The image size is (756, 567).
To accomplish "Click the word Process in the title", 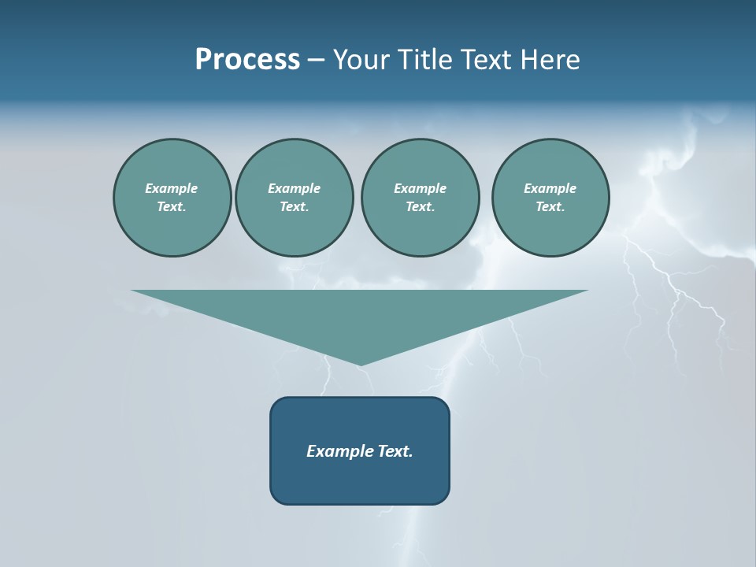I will click(x=247, y=60).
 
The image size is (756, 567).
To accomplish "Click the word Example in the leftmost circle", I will click(x=172, y=188).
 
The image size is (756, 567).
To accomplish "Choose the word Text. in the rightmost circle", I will click(x=550, y=206).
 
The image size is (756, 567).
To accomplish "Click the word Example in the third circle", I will click(x=420, y=188).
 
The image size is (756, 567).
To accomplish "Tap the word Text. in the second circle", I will click(x=294, y=206).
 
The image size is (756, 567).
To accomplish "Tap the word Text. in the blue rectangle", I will click(x=395, y=451).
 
